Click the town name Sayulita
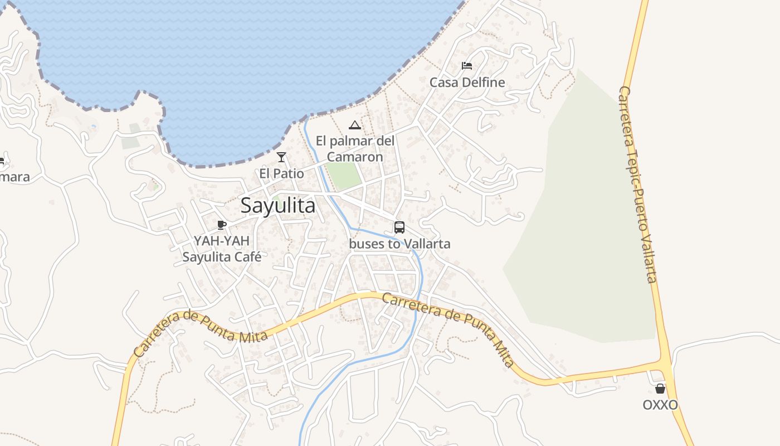coord(278,206)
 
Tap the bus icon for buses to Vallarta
coord(399,227)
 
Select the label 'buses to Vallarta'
coord(399,244)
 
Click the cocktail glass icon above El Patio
coord(281,157)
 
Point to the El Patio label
coord(281,173)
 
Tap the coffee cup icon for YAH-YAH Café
coord(222,225)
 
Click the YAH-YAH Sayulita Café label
coord(222,249)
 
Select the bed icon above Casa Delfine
coord(467,66)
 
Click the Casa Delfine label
coord(467,83)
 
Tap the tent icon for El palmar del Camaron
coord(355,125)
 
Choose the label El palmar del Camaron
coord(355,149)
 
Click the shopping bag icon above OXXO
coord(660,389)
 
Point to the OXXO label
coord(660,405)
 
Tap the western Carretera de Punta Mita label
coord(201,333)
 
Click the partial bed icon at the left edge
coord(2,162)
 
